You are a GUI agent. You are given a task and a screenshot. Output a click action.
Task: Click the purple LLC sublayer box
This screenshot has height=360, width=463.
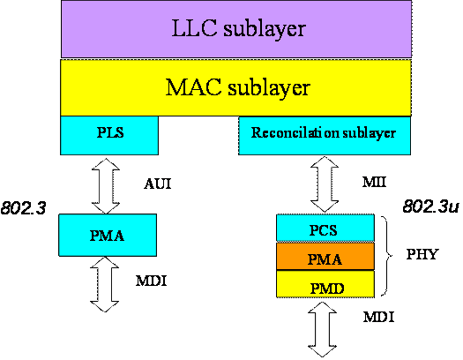(x=236, y=29)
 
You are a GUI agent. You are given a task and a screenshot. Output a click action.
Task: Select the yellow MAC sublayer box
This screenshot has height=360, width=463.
(x=235, y=87)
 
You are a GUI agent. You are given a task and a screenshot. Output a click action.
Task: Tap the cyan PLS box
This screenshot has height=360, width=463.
(x=109, y=135)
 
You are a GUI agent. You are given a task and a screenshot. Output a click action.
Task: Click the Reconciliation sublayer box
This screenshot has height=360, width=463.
(x=325, y=136)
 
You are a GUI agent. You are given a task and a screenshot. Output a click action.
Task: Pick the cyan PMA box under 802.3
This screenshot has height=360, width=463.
(x=108, y=235)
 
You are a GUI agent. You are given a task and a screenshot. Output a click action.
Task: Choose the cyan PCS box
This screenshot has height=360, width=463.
(x=325, y=228)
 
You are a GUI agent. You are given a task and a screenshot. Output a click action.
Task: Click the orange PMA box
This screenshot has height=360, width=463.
(x=325, y=257)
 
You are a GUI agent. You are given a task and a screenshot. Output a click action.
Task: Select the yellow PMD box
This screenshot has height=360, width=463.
(x=325, y=284)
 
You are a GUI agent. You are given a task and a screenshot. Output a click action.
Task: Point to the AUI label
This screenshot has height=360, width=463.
(x=158, y=184)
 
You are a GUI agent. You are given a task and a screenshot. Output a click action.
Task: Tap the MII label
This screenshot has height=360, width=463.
(x=374, y=182)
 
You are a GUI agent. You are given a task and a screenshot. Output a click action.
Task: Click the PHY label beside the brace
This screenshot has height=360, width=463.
(x=422, y=254)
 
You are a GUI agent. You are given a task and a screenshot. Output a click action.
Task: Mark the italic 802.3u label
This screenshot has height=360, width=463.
(x=431, y=206)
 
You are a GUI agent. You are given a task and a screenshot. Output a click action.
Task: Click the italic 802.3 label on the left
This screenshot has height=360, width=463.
(x=23, y=208)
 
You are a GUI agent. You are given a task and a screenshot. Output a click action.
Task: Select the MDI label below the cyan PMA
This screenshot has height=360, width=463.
(x=151, y=281)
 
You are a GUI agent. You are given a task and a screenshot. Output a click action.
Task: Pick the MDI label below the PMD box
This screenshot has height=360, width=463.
(x=379, y=317)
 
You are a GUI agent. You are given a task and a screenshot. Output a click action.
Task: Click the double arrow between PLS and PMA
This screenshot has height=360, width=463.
(x=106, y=186)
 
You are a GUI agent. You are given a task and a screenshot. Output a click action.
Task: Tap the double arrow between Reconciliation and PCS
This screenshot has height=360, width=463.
(x=325, y=184)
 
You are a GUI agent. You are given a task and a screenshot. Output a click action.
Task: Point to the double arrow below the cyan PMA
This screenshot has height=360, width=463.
(x=105, y=284)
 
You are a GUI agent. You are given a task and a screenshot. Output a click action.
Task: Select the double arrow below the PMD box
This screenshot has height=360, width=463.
(x=322, y=329)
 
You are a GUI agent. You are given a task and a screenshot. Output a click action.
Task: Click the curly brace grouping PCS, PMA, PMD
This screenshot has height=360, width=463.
(x=387, y=256)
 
